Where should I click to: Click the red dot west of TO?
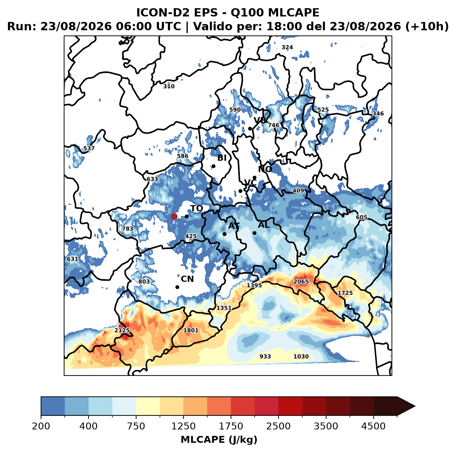pyautogui.click(x=174, y=216)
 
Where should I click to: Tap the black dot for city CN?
pyautogui.click(x=177, y=287)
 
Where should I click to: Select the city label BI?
pyautogui.click(x=222, y=158)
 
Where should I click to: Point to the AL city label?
pyautogui.click(x=264, y=225)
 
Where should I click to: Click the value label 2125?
pyautogui.click(x=122, y=330)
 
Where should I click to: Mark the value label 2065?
pyautogui.click(x=301, y=281)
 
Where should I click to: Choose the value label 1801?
pyautogui.click(x=191, y=330)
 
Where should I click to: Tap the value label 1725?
pyautogui.click(x=345, y=293)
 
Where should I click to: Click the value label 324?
pyautogui.click(x=287, y=47)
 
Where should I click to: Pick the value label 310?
pyautogui.click(x=169, y=86)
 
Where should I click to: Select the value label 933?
pyautogui.click(x=265, y=356)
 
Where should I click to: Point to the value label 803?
pyautogui.click(x=144, y=281)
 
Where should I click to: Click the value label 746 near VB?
pyautogui.click(x=274, y=125)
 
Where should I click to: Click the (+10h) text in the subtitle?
pyautogui.click(x=427, y=27)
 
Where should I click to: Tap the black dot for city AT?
pyautogui.click(x=225, y=234)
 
